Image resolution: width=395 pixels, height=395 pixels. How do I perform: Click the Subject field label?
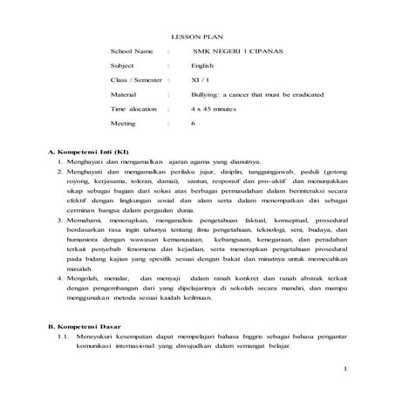pyautogui.click(x=123, y=66)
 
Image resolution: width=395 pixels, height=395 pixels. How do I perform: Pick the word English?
pyautogui.click(x=202, y=66)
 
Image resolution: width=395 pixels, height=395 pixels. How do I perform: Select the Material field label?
pyautogui.click(x=124, y=93)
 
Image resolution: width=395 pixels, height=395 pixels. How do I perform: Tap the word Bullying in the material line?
pyautogui.click(x=206, y=93)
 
